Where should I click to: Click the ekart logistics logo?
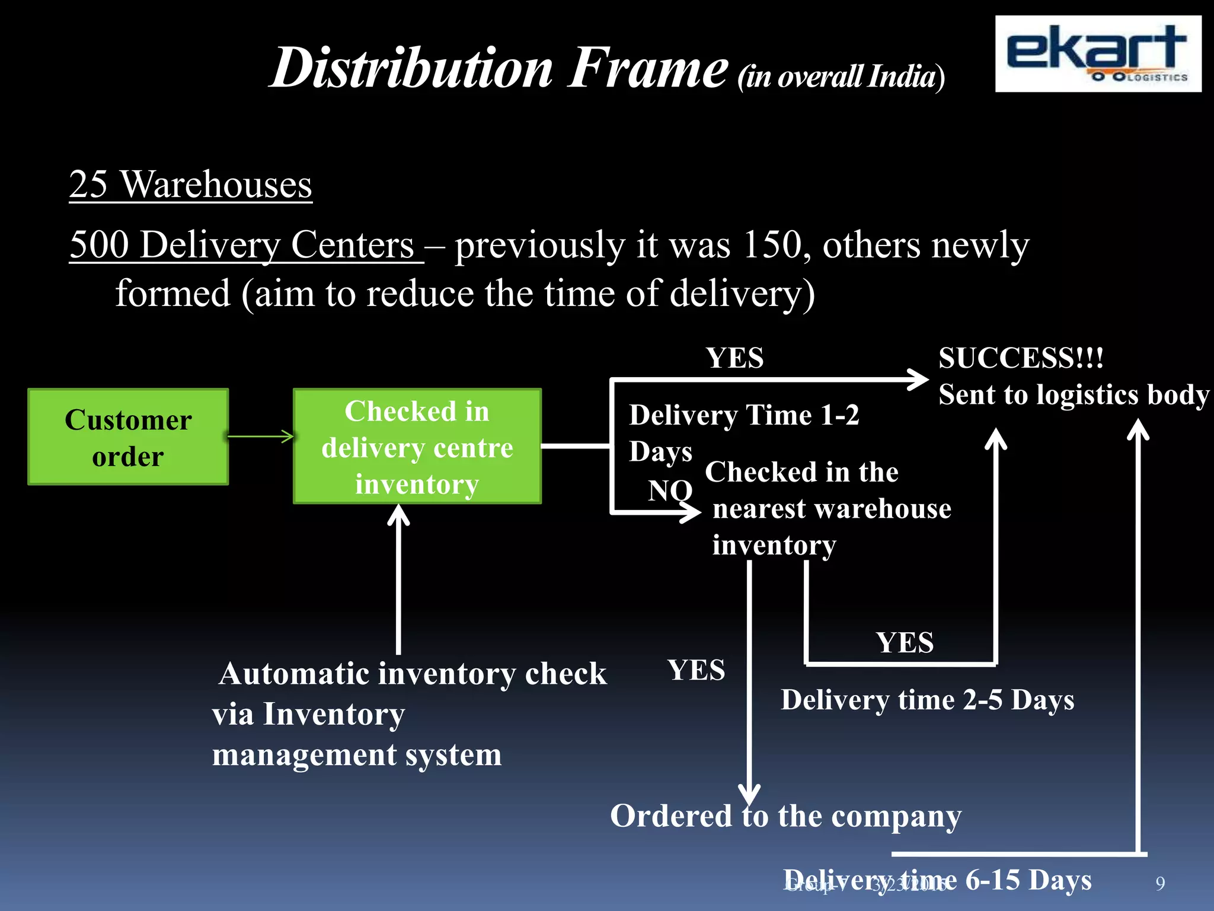[x=1098, y=53]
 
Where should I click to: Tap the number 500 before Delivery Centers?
[x=99, y=244]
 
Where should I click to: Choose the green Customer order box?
[x=128, y=437]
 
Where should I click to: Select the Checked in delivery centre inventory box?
[x=417, y=447]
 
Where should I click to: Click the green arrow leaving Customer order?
[x=261, y=437]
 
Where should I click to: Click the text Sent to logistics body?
[x=1073, y=395]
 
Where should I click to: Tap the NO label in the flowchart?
[x=670, y=490]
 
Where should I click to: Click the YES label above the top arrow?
[x=734, y=358]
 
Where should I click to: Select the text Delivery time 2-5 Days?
[x=927, y=700]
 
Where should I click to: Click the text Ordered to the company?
[x=785, y=816]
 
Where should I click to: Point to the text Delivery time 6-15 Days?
[x=937, y=880]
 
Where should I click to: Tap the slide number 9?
[x=1160, y=884]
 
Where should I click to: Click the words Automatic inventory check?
[x=413, y=674]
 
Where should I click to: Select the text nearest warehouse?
[x=832, y=509]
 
